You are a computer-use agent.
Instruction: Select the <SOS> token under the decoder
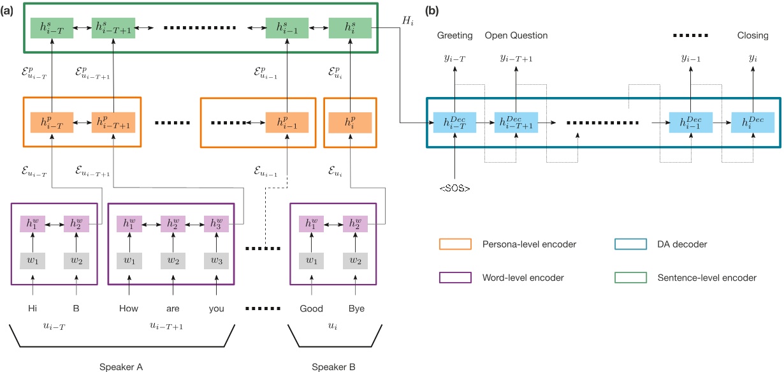(454, 188)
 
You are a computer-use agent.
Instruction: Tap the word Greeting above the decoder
(454, 36)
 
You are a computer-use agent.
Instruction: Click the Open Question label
(516, 36)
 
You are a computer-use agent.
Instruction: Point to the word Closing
(752, 36)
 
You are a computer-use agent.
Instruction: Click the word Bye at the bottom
(356, 308)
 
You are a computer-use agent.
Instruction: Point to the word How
(128, 308)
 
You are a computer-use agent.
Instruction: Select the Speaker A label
(121, 367)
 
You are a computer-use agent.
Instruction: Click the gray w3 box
(216, 260)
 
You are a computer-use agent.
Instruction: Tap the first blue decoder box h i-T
(454, 122)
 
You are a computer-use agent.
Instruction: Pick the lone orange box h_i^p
(350, 122)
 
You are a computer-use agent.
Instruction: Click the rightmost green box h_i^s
(350, 28)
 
